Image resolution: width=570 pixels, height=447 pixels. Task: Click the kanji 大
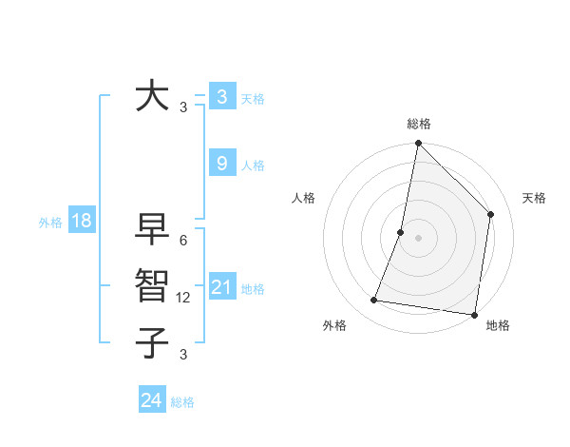point(153,97)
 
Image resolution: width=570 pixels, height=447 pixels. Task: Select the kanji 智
point(153,285)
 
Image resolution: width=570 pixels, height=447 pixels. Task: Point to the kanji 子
point(153,341)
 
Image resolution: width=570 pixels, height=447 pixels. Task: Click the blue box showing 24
point(152,400)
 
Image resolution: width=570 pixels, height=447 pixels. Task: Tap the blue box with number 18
point(82,222)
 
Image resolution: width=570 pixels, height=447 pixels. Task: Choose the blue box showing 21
point(221,287)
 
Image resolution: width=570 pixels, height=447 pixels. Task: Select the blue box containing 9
point(221,164)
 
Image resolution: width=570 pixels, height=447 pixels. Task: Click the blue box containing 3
point(221,96)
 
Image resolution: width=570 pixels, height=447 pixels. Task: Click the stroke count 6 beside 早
point(183,242)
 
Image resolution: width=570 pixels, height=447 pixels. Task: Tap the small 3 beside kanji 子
point(183,355)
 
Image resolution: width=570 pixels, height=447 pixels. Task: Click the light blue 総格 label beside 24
point(182,402)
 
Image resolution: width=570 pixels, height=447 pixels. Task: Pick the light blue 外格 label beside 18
point(50,223)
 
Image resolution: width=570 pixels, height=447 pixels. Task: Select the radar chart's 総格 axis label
point(418,124)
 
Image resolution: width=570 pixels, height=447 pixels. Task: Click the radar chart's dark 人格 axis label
point(303,198)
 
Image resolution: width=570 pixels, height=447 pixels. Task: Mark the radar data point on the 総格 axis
point(418,144)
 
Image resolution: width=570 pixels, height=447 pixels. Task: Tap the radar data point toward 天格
point(491,214)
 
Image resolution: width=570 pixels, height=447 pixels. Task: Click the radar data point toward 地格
point(474,314)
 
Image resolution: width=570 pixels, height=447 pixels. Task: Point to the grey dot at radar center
point(418,238)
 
